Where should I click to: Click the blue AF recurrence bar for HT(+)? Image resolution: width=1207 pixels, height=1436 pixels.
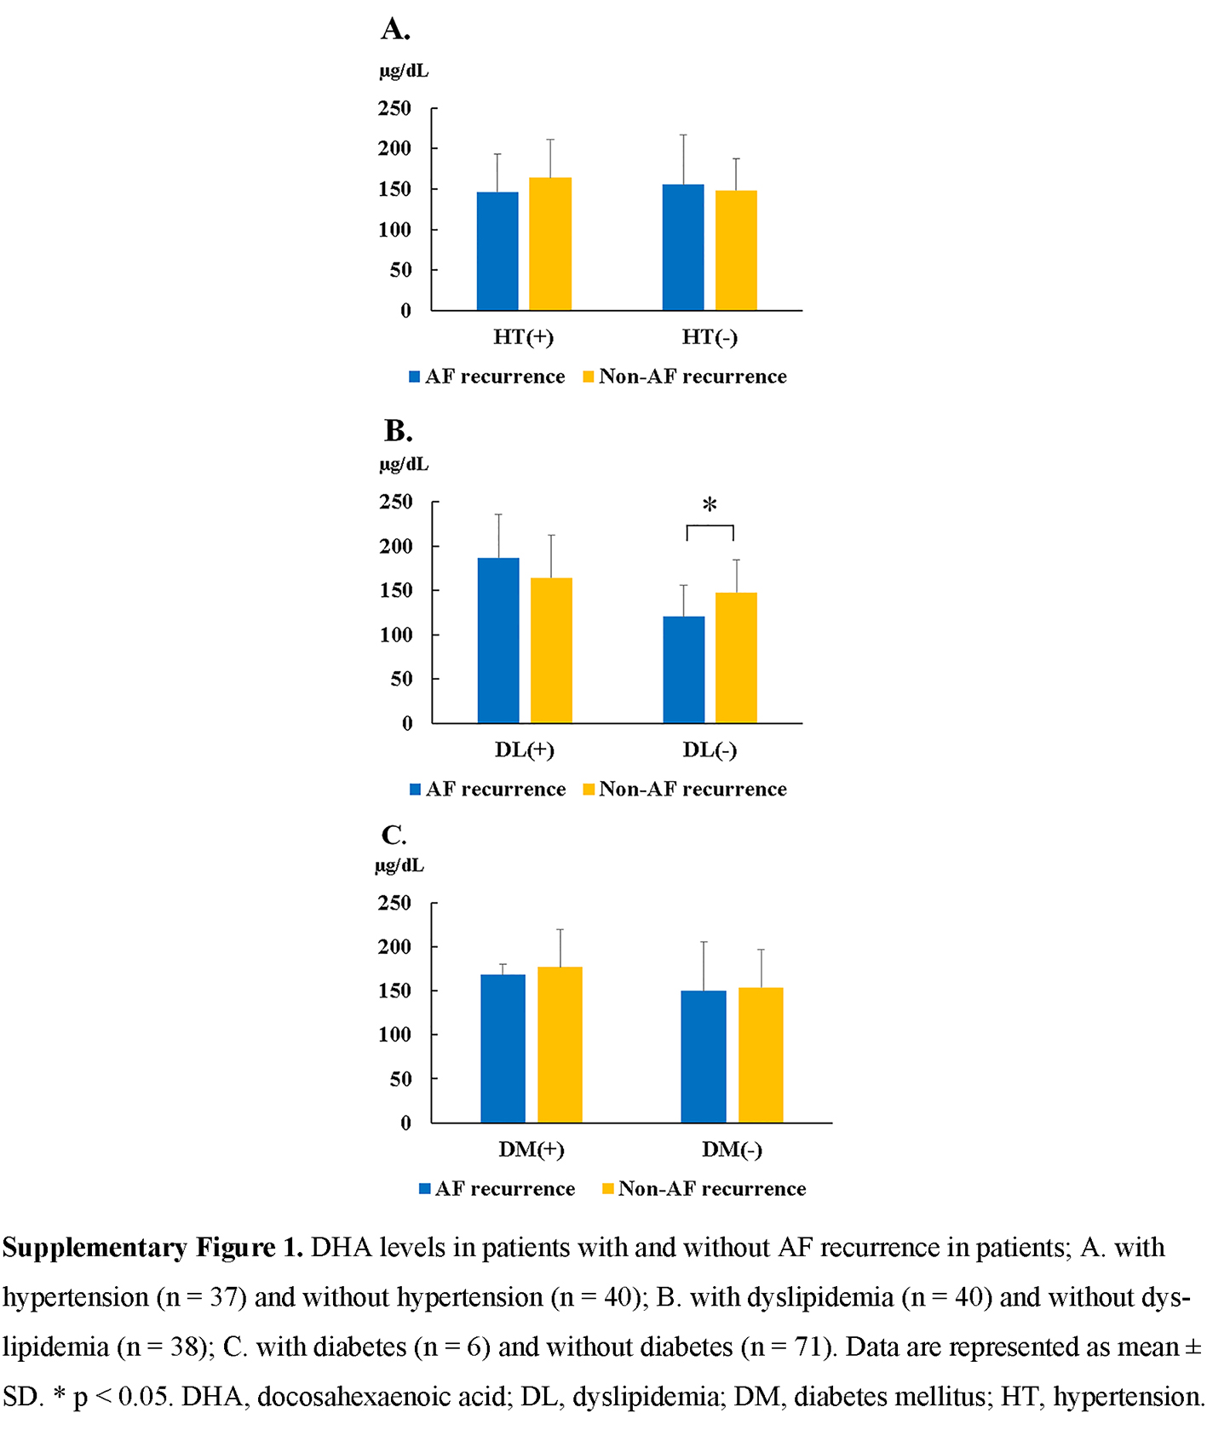pos(497,251)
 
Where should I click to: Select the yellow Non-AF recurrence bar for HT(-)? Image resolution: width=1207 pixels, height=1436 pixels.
pos(736,250)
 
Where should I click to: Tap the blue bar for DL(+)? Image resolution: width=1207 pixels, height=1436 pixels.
pos(498,640)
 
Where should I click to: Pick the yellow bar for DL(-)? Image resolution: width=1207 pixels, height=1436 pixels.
pos(736,658)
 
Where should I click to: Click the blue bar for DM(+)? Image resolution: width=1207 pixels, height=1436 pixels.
pos(503,1048)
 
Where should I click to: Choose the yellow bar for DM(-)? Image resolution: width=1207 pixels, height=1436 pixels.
pos(761,1055)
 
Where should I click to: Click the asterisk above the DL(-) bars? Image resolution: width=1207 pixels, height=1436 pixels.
pos(710,506)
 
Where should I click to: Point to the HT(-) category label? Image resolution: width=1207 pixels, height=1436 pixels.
pos(710,337)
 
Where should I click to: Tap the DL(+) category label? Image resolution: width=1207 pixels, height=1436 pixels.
pos(524,750)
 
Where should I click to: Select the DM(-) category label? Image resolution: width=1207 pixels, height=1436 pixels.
pos(732,1150)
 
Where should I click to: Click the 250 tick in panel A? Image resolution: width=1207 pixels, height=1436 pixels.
pos(394,108)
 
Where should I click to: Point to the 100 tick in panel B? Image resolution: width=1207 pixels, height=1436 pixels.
pos(396,635)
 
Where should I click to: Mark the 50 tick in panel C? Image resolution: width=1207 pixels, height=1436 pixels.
pos(400,1079)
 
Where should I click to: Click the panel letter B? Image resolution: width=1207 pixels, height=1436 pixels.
pos(398,431)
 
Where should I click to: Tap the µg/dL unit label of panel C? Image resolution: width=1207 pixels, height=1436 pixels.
pos(399,865)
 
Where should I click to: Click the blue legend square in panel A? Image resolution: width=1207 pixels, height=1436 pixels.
pos(415,376)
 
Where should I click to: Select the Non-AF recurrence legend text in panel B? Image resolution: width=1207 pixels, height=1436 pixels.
pos(693,790)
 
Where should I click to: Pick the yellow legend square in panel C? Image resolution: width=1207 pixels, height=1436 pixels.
pos(607,1189)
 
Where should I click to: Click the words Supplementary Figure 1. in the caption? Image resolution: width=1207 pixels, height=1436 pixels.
pos(153,1248)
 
